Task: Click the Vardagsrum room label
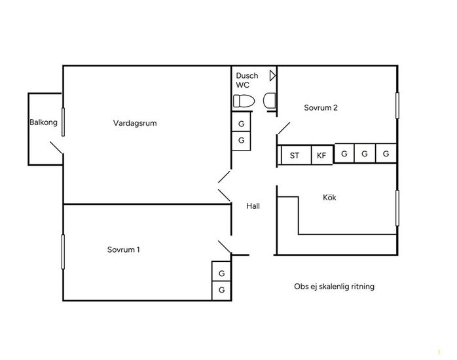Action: point(135,123)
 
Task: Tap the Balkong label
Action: point(43,122)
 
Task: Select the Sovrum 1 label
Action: point(124,249)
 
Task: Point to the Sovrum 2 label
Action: point(321,108)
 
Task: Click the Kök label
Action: point(329,198)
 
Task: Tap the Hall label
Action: point(253,206)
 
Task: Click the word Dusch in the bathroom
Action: point(247,76)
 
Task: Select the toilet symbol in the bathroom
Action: point(244,101)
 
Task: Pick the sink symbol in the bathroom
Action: point(270,101)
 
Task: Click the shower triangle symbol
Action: point(272,76)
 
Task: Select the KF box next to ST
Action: point(322,155)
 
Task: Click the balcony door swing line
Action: point(56,148)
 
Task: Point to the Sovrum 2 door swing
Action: point(284,128)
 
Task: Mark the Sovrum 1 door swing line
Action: point(225,247)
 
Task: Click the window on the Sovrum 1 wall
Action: point(63,251)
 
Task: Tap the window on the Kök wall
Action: point(397,208)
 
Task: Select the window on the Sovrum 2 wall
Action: point(397,105)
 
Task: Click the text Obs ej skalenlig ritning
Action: point(335,287)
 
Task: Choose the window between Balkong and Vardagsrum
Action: point(64,122)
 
